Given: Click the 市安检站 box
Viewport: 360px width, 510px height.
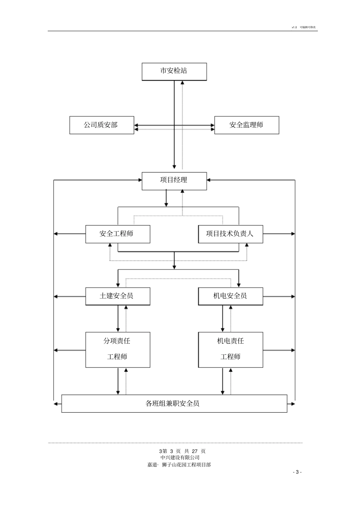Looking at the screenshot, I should (174, 71).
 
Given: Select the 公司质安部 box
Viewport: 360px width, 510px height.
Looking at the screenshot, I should (102, 125).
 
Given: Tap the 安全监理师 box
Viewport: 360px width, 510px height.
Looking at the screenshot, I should (247, 125).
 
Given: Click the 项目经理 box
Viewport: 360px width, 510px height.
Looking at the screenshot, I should (174, 181).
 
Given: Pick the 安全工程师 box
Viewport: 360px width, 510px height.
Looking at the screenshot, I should (117, 234).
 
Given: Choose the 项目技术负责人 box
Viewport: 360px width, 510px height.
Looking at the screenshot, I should (230, 234).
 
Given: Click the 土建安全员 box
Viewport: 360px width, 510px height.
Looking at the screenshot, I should (117, 296).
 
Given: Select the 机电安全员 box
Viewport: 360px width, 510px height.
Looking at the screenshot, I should (230, 296).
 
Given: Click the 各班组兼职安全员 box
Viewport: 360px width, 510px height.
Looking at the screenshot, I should (174, 404).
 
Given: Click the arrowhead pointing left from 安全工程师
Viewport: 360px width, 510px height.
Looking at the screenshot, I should (56, 234).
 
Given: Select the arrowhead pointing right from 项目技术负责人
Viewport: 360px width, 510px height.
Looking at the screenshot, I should (293, 234).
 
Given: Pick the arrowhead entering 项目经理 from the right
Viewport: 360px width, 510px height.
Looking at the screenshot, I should (209, 180).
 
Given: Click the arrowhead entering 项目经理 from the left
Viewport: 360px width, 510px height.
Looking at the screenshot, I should (140, 180).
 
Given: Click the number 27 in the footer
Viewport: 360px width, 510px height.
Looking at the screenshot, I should (195, 451).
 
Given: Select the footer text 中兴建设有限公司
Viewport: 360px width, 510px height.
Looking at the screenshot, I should (180, 458).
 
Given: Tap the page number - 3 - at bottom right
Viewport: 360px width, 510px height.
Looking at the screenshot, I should (297, 472).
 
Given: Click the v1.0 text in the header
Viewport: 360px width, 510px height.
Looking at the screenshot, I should (294, 27).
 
